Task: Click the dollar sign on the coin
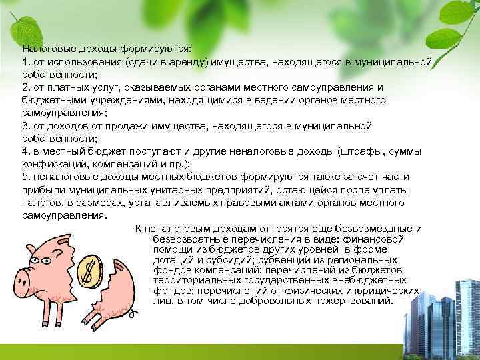[x=90, y=270]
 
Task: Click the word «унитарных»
[x=163, y=190]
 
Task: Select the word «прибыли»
[x=41, y=190]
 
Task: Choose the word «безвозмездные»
[x=377, y=228]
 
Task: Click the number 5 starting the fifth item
[x=24, y=177]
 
